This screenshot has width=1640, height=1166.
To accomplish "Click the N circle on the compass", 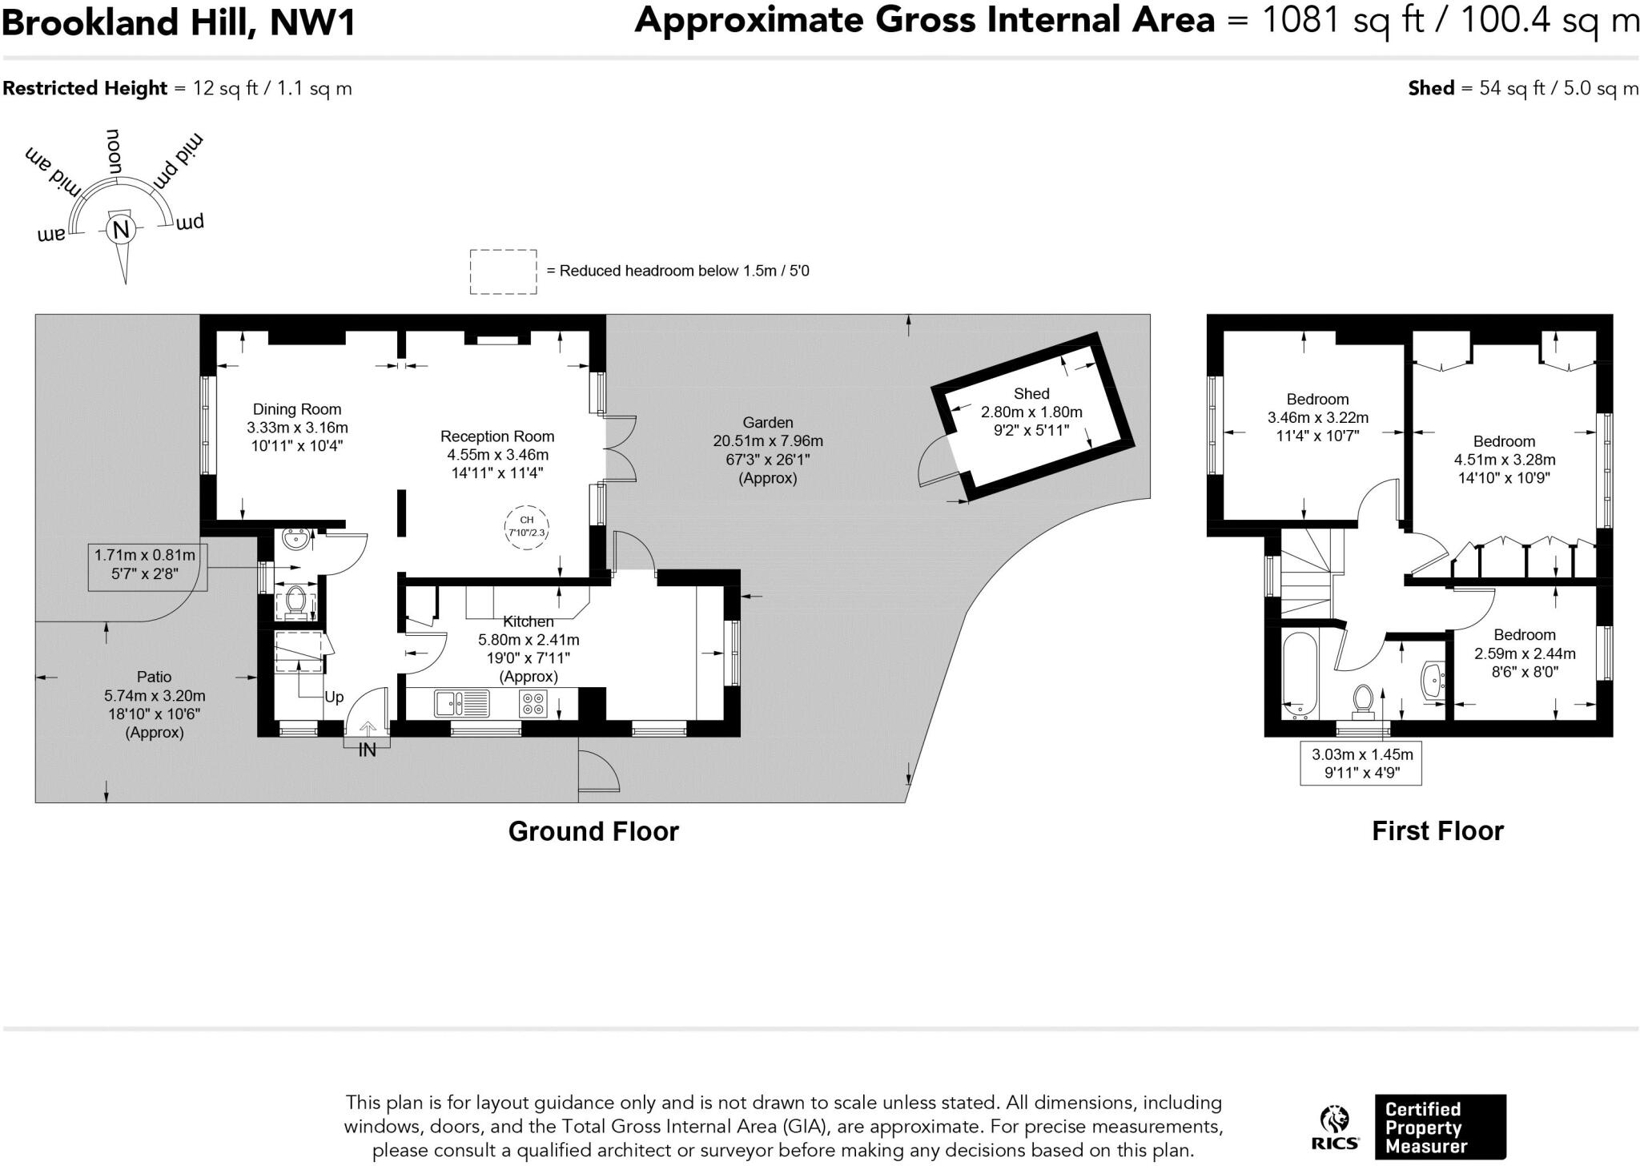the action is (x=121, y=231).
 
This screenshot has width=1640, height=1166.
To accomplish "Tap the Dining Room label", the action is (x=297, y=409).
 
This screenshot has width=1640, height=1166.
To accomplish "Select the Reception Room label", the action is (x=496, y=436).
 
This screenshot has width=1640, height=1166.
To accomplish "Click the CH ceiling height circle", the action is (x=526, y=527).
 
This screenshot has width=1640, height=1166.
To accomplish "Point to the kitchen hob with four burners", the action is (x=534, y=703).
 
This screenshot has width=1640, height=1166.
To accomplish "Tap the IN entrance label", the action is (x=367, y=750).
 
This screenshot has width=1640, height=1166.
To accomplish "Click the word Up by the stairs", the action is (x=334, y=697).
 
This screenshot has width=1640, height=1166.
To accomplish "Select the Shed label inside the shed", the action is (x=1031, y=394).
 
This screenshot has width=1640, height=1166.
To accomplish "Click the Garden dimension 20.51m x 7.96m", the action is (x=767, y=441).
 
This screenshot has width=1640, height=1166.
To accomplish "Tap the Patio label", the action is (x=154, y=677).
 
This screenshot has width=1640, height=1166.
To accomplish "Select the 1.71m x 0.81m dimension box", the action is (x=146, y=564).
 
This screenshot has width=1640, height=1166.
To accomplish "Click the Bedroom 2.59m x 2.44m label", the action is (x=1525, y=653).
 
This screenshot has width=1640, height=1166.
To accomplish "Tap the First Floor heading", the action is (x=1437, y=831).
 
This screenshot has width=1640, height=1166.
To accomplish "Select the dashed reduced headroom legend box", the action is (x=503, y=271).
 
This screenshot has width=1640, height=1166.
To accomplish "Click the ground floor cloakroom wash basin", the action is (x=295, y=541).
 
